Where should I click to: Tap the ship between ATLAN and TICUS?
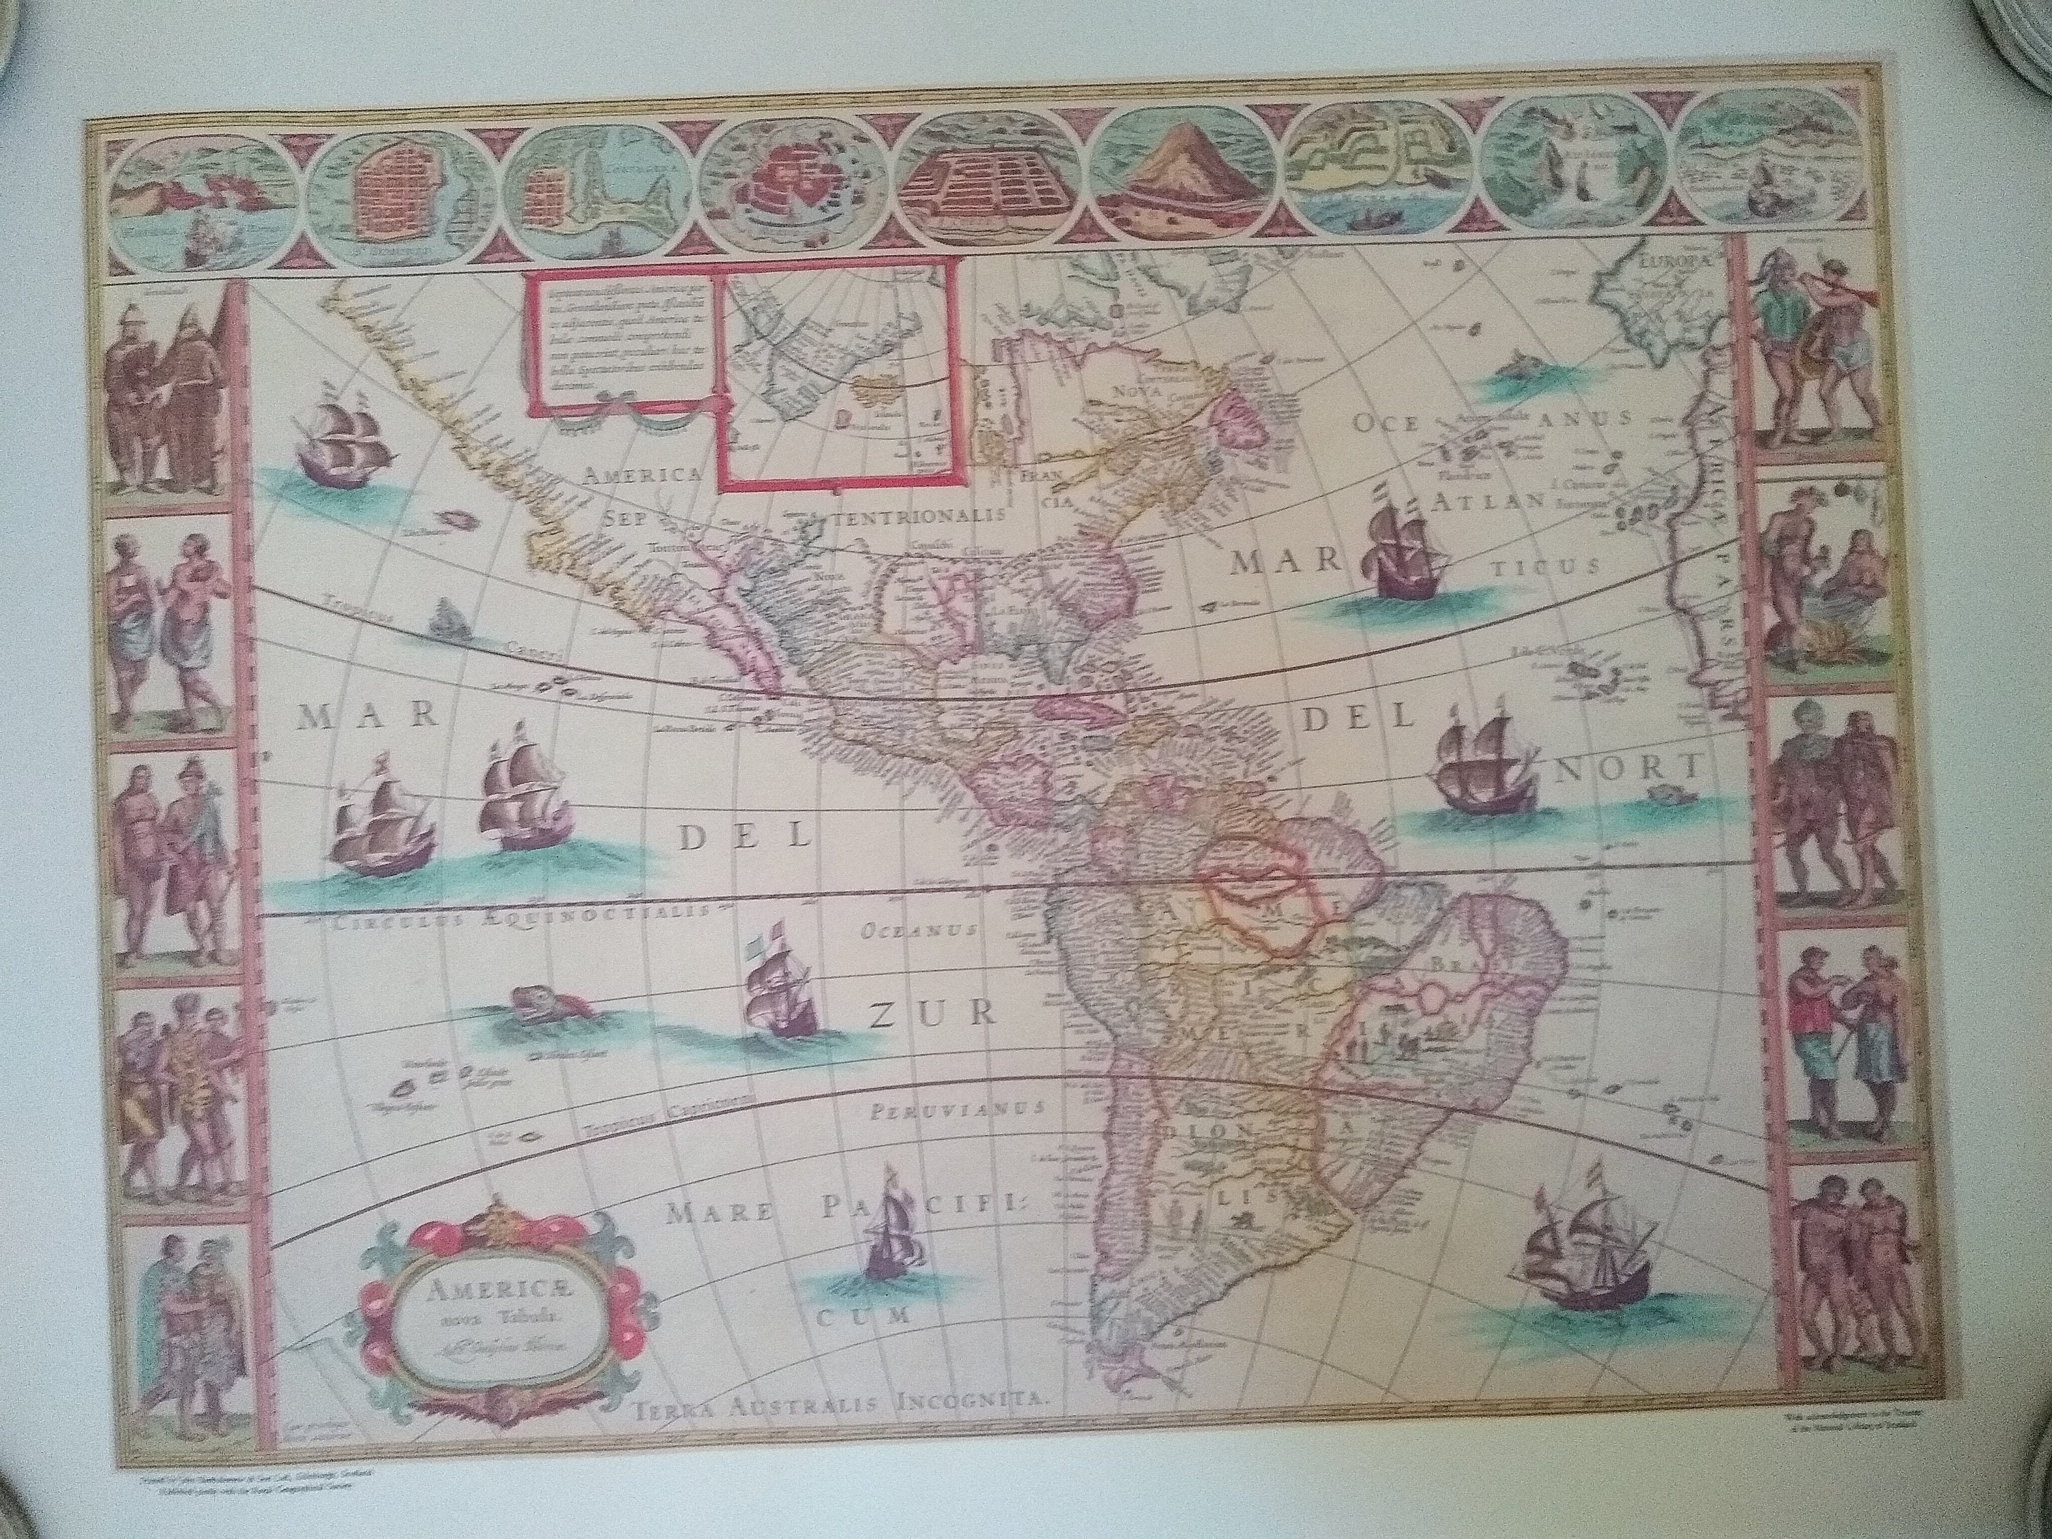(x=1404, y=557)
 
